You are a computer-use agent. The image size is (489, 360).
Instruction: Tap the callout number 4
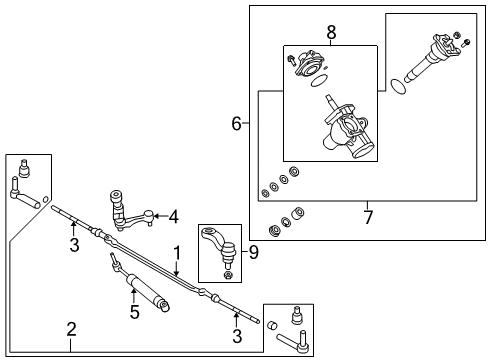tap(173, 215)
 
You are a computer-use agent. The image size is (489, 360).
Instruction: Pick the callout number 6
tap(237, 124)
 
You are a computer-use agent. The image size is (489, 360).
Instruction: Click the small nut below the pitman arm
tap(228, 274)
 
